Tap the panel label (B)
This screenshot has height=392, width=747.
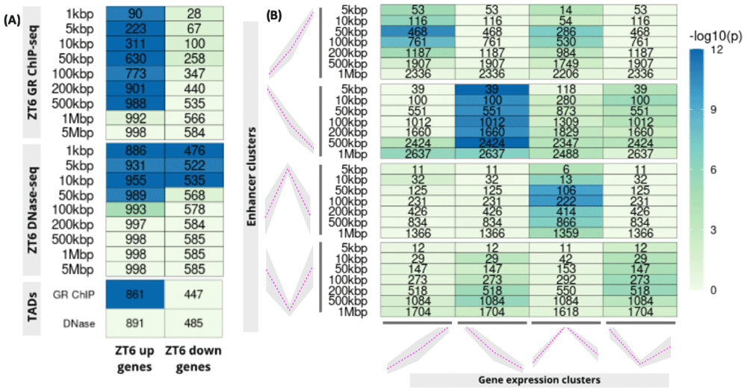(x=274, y=14)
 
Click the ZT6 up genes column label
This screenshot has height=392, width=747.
(x=135, y=358)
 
